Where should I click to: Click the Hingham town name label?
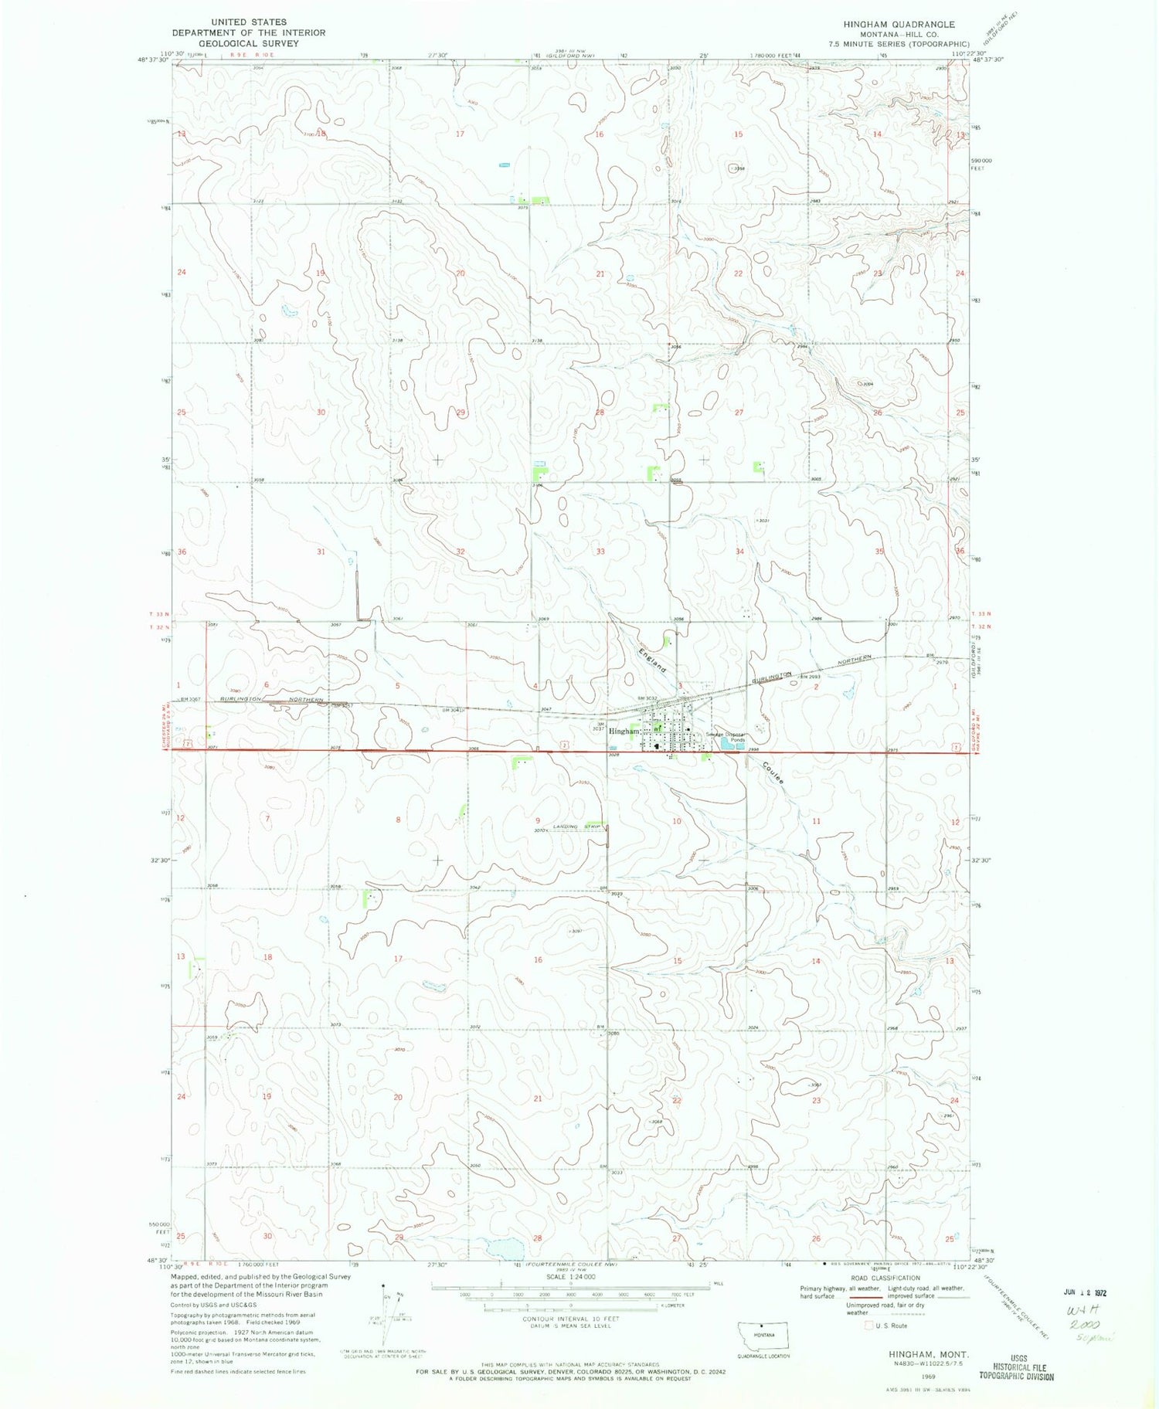tap(624, 731)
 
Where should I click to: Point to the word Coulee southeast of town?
tap(772, 773)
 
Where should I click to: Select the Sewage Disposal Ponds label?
tap(727, 737)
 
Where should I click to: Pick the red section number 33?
tap(600, 552)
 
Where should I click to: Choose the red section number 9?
tap(538, 820)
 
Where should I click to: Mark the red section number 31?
tap(321, 552)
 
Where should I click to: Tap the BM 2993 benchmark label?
tap(808, 677)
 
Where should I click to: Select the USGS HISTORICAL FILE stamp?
tap(1016, 1367)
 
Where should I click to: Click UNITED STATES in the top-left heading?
tap(249, 22)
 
